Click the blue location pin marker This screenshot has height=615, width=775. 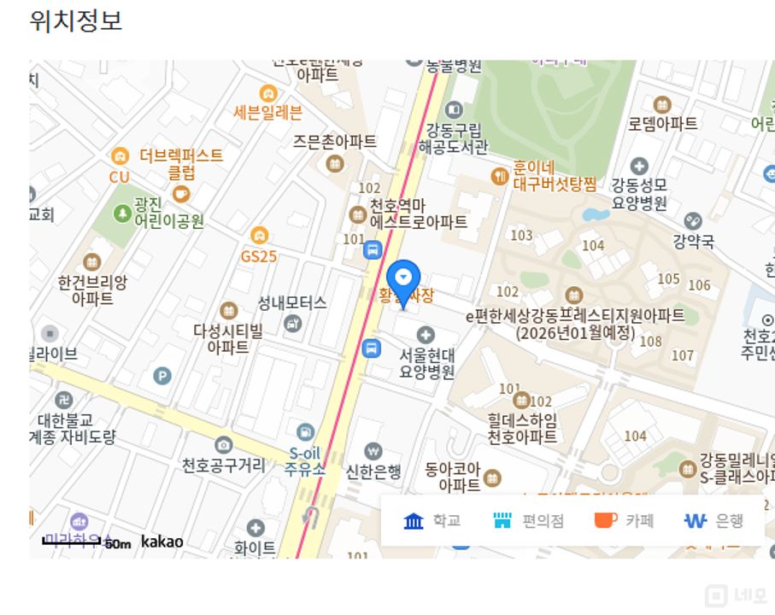(x=403, y=278)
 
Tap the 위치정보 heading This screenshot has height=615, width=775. (x=75, y=20)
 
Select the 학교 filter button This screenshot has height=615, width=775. (x=432, y=520)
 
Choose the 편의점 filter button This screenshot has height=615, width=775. (x=528, y=520)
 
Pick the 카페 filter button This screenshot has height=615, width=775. (x=624, y=520)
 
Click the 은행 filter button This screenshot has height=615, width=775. (x=714, y=520)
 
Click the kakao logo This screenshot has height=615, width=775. (x=161, y=541)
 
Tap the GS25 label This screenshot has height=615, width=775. (x=259, y=255)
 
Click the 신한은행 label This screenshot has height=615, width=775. (x=373, y=471)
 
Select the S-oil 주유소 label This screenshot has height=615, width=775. (x=306, y=460)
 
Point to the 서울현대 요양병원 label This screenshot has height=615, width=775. (x=426, y=363)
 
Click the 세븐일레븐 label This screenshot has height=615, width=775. (x=267, y=112)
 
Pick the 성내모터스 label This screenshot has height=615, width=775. (x=292, y=303)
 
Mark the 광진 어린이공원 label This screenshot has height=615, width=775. (x=168, y=214)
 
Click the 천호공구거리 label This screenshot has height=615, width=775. (x=223, y=465)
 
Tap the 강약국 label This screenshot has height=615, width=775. (x=693, y=242)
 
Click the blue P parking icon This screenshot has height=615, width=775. (x=161, y=375)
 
